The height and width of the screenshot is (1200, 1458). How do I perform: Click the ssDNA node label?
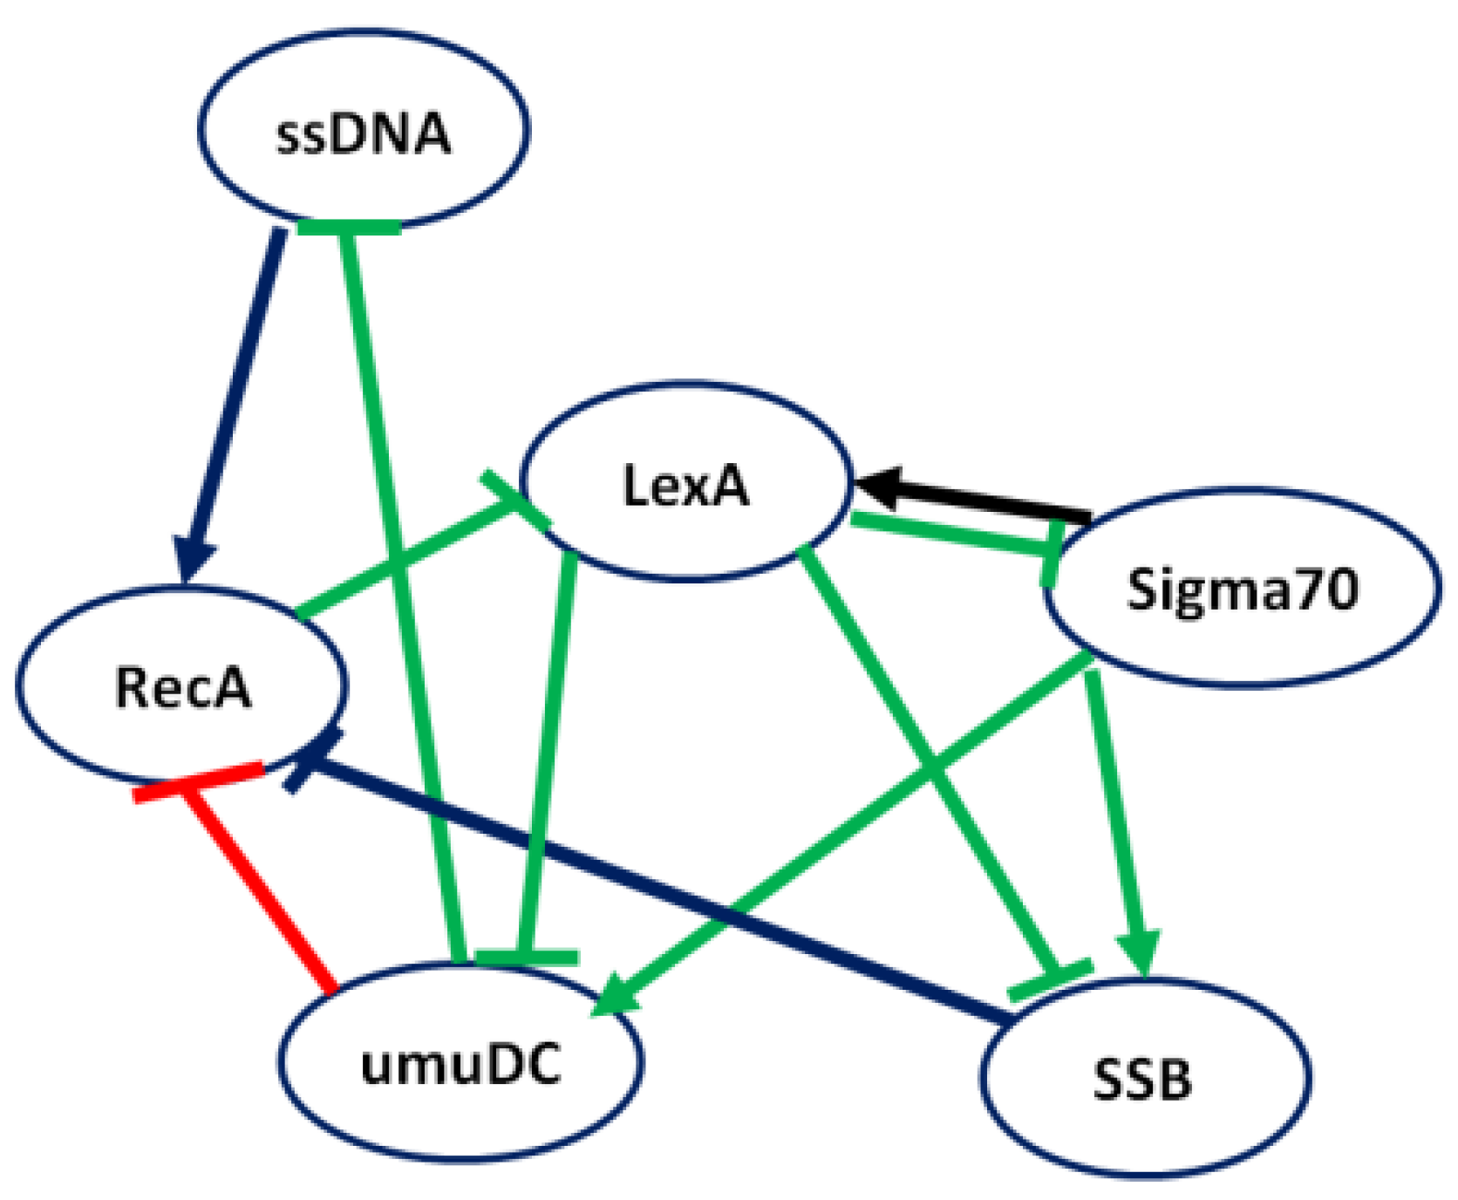click(x=363, y=135)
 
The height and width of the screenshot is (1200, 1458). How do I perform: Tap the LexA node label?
click(x=685, y=486)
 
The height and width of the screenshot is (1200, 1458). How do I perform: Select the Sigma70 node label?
click(x=1242, y=590)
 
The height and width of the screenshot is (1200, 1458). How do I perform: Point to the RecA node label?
click(x=183, y=687)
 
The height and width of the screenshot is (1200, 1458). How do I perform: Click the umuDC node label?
click(x=461, y=1065)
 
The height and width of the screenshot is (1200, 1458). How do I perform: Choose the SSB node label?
click(x=1142, y=1080)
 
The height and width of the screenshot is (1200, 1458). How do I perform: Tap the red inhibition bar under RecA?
click(x=199, y=781)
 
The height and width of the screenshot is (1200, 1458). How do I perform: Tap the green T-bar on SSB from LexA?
click(x=1050, y=979)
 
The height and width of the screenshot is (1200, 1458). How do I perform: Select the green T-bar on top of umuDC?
click(x=527, y=958)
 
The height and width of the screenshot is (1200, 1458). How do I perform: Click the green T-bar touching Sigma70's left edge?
click(x=1053, y=554)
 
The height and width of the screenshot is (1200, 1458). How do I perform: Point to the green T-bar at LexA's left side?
click(x=516, y=501)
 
